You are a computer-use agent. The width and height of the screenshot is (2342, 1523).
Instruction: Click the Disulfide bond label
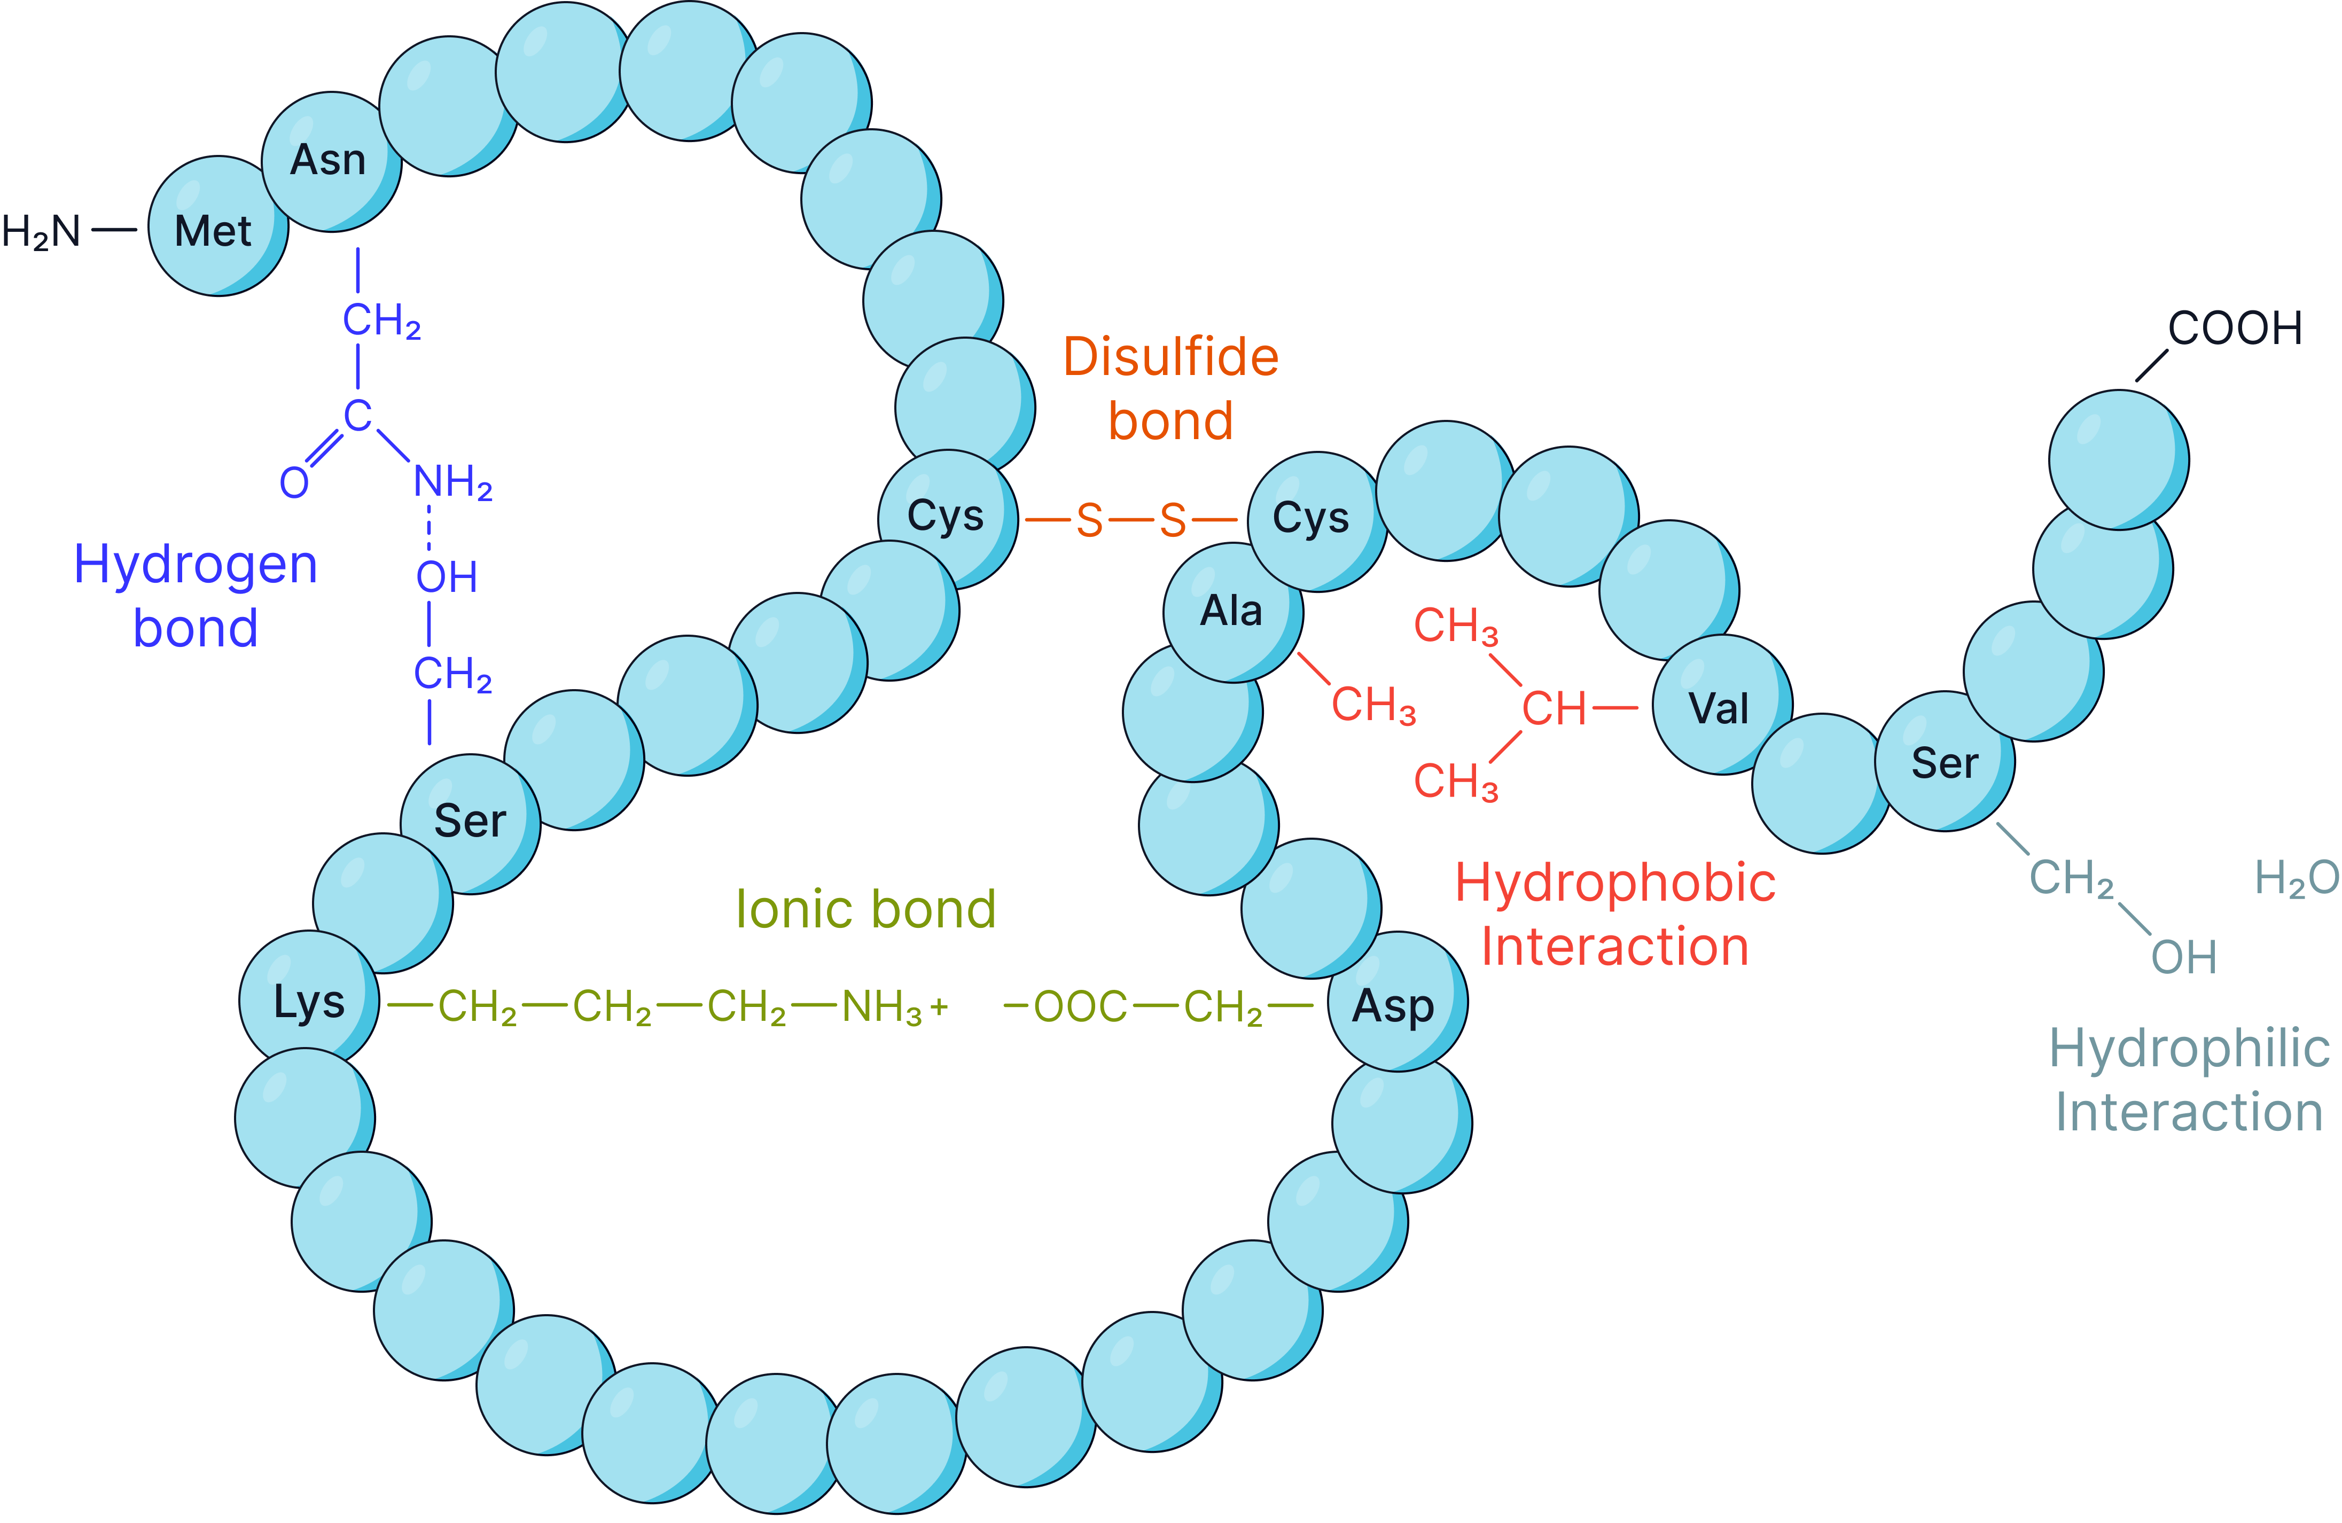coord(1171,388)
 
